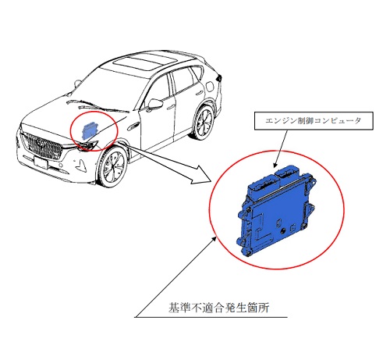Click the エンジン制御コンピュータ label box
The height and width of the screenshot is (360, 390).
314,121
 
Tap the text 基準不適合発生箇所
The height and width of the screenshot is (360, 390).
218,308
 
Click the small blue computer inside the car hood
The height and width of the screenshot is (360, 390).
88,130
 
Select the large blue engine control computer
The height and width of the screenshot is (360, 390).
276,210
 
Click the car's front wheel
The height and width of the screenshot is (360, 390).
112,166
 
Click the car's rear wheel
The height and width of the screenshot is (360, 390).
204,123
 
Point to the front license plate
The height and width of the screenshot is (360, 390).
41,163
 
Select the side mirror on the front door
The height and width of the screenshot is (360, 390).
155,104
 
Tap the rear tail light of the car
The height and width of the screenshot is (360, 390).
220,77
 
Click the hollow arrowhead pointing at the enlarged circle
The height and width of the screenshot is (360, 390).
200,175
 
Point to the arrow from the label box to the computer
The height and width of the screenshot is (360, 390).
281,148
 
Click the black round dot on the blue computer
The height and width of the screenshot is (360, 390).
282,230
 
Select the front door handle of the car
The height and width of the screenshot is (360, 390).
171,106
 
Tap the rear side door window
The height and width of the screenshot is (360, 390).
185,79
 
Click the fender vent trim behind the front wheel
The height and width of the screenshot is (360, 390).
133,127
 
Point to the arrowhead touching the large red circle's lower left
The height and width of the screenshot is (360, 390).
214,240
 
